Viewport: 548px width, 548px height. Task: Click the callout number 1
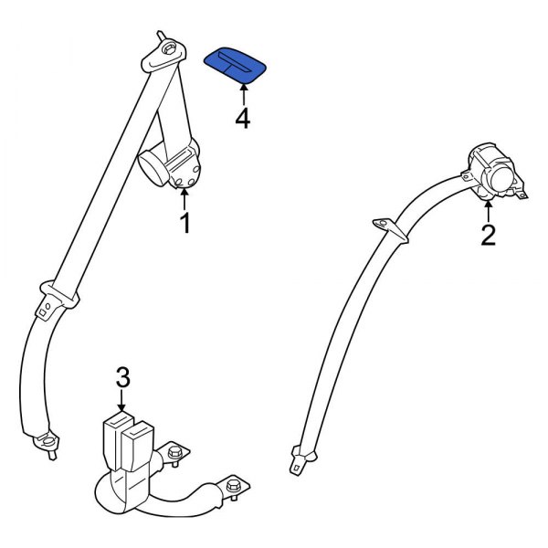pyautogui.click(x=184, y=223)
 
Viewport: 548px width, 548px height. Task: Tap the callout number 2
pyautogui.click(x=488, y=236)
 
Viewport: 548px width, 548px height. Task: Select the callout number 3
pyautogui.click(x=123, y=376)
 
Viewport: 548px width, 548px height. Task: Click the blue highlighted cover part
pyautogui.click(x=235, y=65)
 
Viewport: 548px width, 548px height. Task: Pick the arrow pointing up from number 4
pyautogui.click(x=243, y=92)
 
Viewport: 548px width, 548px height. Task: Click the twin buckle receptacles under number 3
pyautogui.click(x=129, y=432)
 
